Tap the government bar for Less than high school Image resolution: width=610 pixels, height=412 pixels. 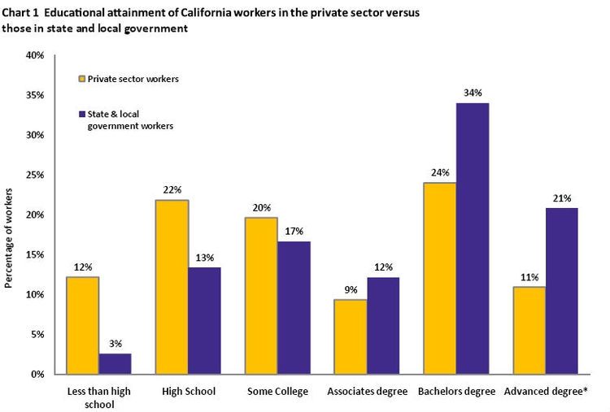click(115, 363)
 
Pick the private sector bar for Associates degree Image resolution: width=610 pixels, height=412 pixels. click(351, 336)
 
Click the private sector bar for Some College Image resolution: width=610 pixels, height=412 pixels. click(261, 296)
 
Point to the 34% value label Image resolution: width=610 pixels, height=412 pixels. click(473, 93)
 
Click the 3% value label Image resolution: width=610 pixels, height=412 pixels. click(115, 343)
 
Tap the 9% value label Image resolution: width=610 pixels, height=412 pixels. click(351, 289)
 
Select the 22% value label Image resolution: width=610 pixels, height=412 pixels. click(172, 189)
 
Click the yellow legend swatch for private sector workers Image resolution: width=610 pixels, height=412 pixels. click(81, 79)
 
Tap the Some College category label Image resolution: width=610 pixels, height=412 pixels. click(277, 392)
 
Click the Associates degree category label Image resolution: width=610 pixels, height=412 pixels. click(367, 392)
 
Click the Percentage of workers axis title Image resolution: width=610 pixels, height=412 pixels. click(10, 237)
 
